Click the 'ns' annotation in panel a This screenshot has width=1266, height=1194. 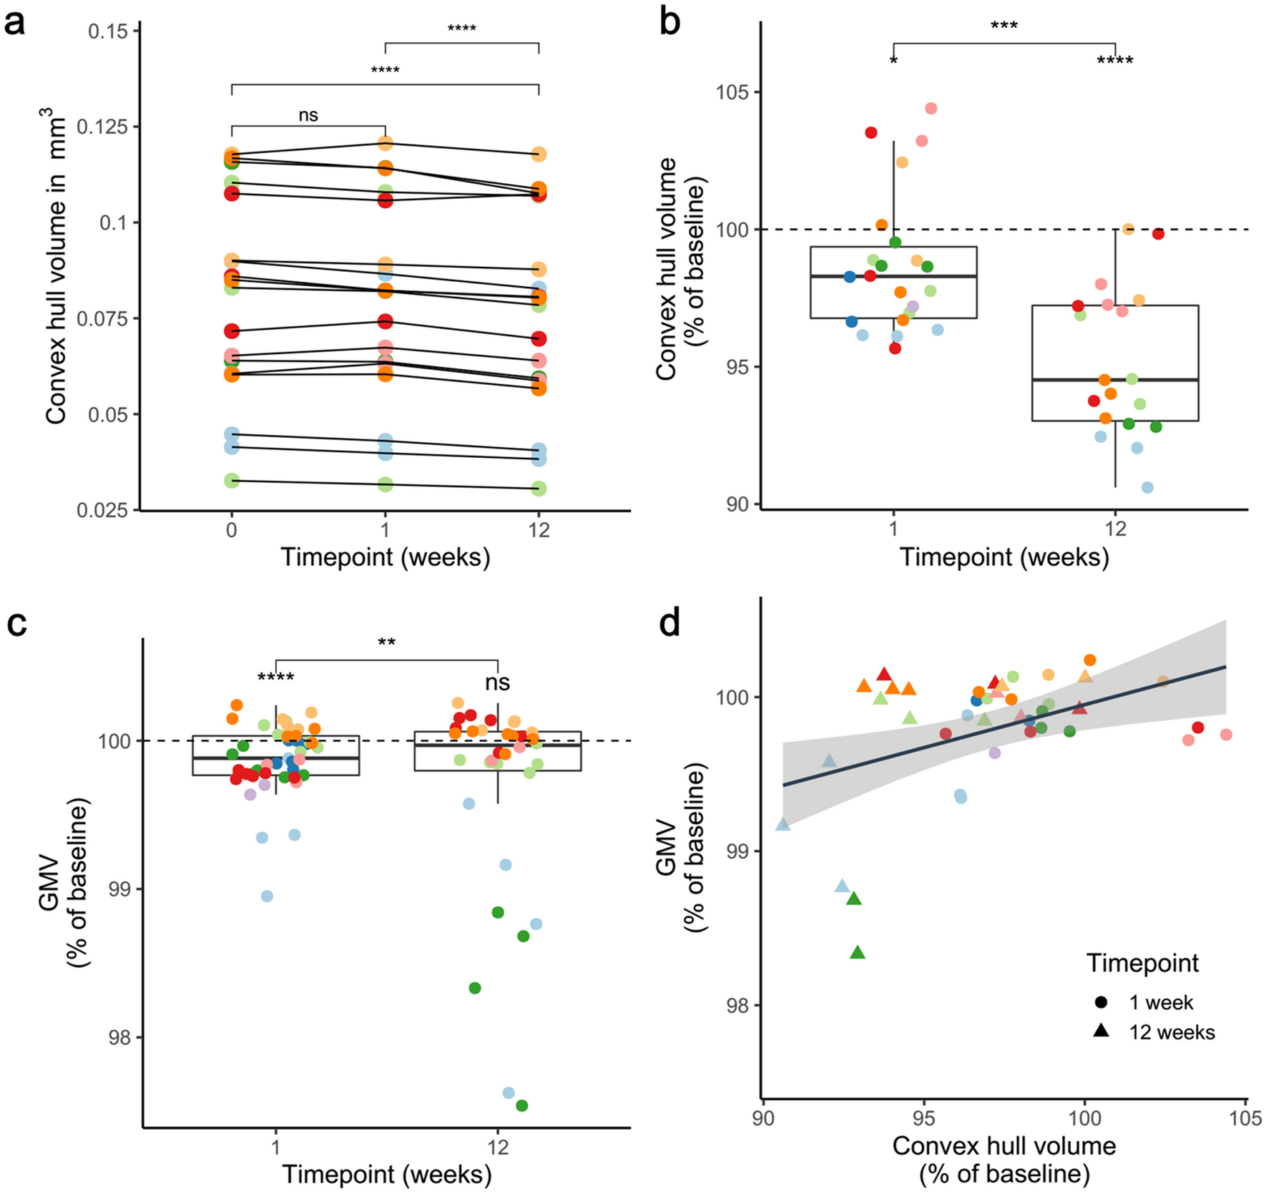pos(308,114)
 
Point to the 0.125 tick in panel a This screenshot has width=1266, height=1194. pos(107,127)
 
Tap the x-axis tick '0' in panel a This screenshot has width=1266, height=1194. pos(231,530)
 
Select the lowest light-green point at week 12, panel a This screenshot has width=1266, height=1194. pos(539,489)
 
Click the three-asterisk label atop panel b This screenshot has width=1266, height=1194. pos(1004,27)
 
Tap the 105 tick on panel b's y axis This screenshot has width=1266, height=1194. pos(732,92)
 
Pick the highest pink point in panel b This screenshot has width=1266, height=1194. pos(931,109)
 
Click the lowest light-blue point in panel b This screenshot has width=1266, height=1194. pos(1147,487)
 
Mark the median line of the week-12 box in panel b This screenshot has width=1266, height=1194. pos(1114,380)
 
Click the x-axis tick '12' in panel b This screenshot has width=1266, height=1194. pos(1114,530)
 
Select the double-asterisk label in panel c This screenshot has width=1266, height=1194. pos(386,642)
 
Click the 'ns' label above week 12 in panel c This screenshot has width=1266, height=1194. pos(497,682)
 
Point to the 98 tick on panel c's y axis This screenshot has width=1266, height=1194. pos(119,1037)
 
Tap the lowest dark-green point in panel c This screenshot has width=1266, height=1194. pos(521,1105)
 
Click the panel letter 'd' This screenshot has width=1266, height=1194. pos(670,624)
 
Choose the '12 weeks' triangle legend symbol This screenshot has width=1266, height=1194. pos(1101,1031)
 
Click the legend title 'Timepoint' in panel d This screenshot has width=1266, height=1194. pos(1142,963)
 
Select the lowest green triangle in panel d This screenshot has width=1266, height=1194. pos(858,952)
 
